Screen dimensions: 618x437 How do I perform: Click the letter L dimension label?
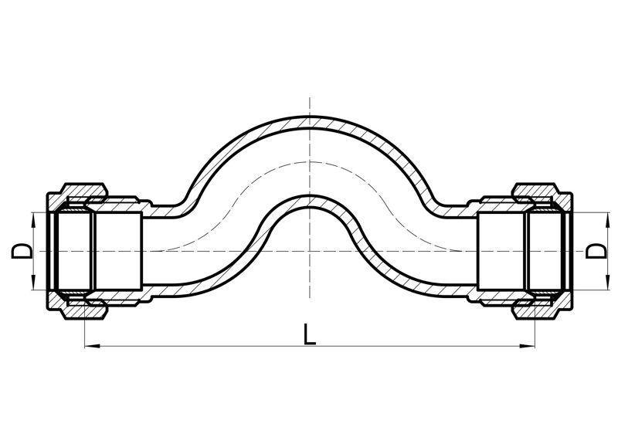pyautogui.click(x=310, y=334)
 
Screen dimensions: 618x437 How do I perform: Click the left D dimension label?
pyautogui.click(x=22, y=251)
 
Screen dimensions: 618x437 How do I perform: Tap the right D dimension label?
pyautogui.click(x=596, y=251)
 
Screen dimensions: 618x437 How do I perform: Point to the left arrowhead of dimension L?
pyautogui.click(x=92, y=347)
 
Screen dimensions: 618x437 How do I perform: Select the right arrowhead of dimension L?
pyautogui.click(x=528, y=347)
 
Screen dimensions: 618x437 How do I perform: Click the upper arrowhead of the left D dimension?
pyautogui.click(x=33, y=219)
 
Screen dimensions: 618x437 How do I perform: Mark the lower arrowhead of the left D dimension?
pyautogui.click(x=33, y=283)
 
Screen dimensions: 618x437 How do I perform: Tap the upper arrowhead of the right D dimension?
pyautogui.click(x=605, y=219)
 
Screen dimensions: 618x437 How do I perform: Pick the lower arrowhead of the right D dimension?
pyautogui.click(x=605, y=283)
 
